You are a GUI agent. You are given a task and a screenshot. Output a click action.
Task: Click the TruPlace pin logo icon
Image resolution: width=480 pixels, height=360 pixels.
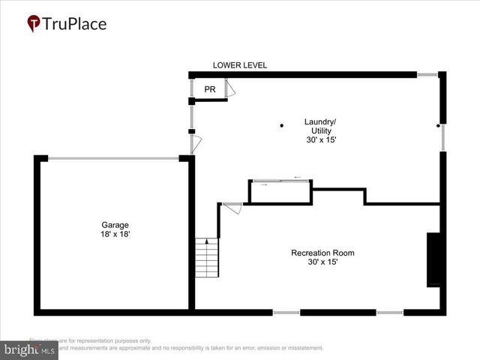click(34, 24)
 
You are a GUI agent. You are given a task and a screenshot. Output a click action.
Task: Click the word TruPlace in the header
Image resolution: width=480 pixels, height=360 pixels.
click(74, 24)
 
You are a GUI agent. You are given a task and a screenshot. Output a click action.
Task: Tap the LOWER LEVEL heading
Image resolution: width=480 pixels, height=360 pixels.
click(239, 65)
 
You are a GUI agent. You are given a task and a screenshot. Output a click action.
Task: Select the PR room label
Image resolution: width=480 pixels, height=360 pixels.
click(210, 89)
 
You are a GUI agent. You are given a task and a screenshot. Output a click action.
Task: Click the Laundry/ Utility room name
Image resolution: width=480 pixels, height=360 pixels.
click(320, 126)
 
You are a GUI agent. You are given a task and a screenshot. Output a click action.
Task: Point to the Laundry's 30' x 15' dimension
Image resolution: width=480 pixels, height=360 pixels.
click(321, 140)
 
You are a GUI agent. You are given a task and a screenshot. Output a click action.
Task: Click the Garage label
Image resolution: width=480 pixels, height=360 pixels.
click(115, 225)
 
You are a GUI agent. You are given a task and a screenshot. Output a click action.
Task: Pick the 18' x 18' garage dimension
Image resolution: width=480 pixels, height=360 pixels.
click(115, 235)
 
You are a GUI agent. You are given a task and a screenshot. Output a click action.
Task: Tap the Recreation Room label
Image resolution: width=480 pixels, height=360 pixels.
click(322, 253)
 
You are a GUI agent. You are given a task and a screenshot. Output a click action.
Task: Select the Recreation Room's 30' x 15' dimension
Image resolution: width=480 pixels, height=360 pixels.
click(322, 262)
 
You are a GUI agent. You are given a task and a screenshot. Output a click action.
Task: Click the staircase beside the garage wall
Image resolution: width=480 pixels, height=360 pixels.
click(206, 258)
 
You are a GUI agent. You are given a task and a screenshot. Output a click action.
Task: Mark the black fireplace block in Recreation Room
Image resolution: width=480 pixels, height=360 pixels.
click(433, 259)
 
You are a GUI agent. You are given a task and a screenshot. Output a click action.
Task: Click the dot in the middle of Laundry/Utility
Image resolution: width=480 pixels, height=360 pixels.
click(282, 125)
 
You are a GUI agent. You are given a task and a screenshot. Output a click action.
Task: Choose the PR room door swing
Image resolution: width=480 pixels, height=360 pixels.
click(231, 90)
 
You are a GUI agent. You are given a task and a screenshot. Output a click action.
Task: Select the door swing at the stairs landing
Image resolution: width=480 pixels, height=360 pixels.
click(232, 208)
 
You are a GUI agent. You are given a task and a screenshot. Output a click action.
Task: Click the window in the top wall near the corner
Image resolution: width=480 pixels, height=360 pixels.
click(427, 75)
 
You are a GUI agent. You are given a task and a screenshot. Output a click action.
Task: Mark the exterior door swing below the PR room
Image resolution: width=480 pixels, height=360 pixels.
click(196, 144)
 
